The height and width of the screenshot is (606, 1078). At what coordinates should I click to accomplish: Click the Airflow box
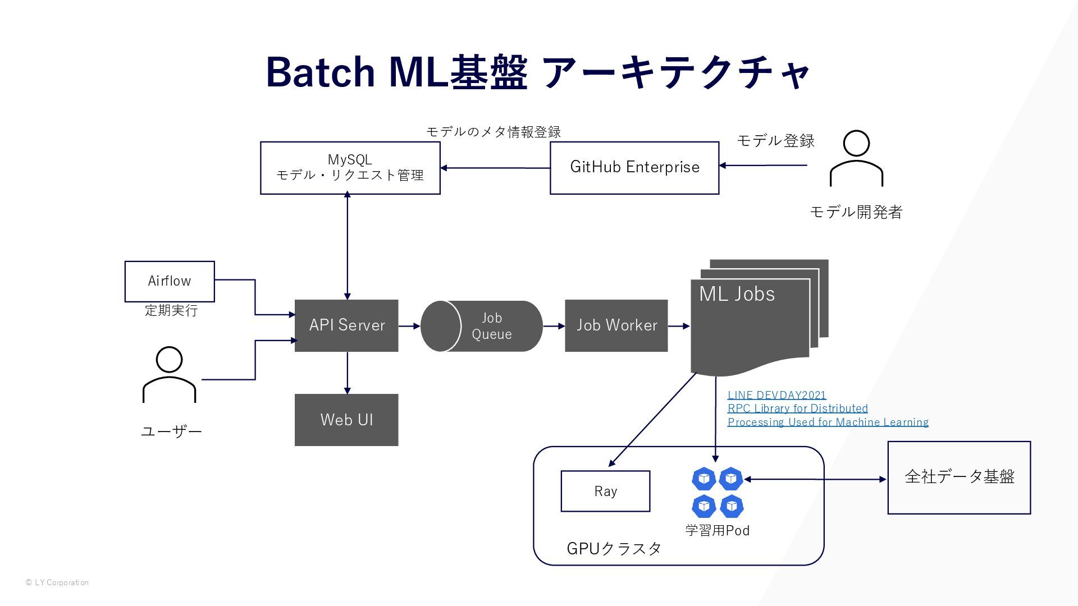(x=170, y=281)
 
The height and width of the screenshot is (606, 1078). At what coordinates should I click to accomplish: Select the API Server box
(x=346, y=325)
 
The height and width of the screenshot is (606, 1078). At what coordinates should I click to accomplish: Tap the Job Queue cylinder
(x=482, y=326)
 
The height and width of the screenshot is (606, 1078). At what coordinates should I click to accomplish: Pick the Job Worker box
(x=616, y=325)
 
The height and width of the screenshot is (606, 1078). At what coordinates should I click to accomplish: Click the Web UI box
(x=346, y=420)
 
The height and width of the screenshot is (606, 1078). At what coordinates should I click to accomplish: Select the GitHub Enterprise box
(x=634, y=168)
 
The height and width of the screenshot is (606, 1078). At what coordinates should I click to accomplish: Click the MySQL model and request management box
(x=350, y=168)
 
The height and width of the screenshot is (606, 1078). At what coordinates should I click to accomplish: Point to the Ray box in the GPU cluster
(x=605, y=491)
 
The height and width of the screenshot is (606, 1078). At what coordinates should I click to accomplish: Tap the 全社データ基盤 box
(x=959, y=478)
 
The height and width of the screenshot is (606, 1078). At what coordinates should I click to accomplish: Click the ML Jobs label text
(x=737, y=294)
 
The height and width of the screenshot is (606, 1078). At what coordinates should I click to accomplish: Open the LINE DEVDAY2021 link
(x=777, y=395)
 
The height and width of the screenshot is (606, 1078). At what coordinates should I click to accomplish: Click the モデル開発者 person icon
(x=856, y=158)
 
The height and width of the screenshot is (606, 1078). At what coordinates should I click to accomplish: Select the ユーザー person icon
(x=169, y=374)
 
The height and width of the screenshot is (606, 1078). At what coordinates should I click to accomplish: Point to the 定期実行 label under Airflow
(x=171, y=310)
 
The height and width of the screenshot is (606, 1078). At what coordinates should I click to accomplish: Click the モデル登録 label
(x=775, y=140)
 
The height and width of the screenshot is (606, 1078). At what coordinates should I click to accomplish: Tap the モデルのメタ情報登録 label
(x=494, y=132)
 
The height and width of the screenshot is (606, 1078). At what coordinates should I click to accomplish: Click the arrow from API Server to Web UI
(x=347, y=373)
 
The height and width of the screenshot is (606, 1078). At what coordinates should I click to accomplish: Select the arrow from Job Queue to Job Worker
(x=554, y=326)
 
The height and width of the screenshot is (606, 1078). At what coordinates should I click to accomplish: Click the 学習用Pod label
(x=718, y=530)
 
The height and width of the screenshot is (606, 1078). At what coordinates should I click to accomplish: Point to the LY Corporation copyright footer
(x=57, y=582)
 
